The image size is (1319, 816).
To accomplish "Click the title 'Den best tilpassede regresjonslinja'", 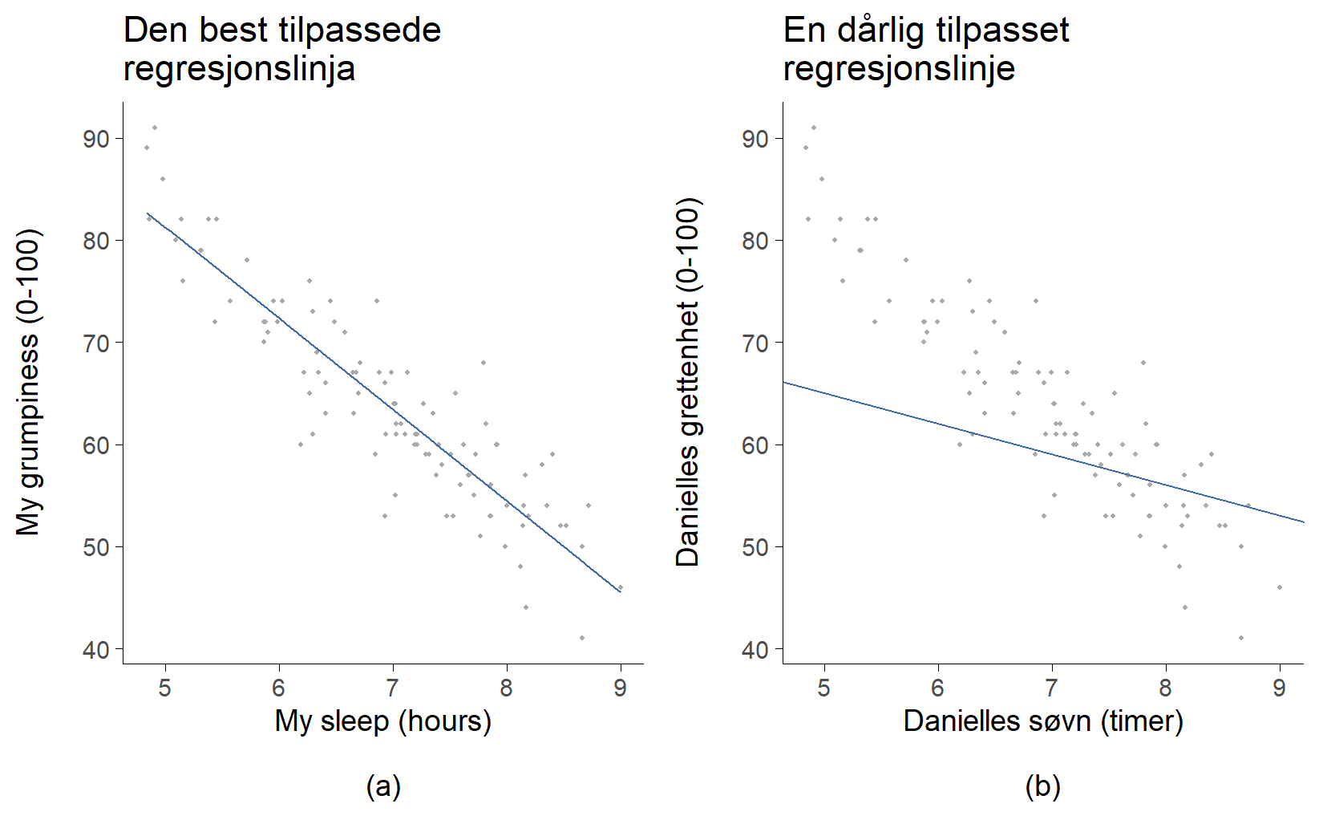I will [x=281, y=50].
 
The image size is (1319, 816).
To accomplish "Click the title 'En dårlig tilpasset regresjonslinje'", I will [x=926, y=50].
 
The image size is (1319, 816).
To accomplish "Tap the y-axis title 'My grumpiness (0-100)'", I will [x=28, y=383].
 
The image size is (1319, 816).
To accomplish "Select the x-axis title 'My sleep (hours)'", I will [x=382, y=721].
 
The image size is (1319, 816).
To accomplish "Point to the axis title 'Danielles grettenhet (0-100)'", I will [x=688, y=383].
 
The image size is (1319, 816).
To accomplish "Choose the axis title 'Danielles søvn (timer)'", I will [x=1042, y=721].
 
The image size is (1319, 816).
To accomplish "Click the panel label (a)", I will [x=382, y=786].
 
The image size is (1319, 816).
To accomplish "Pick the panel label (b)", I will [x=1042, y=786].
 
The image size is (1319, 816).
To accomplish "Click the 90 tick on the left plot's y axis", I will [x=96, y=139].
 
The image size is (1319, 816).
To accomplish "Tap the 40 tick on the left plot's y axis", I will [x=96, y=649].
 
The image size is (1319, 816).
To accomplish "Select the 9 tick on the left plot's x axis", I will [x=620, y=688].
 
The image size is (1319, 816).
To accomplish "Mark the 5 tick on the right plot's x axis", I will [x=823, y=688].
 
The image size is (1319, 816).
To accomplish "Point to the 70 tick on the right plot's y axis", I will [x=755, y=343].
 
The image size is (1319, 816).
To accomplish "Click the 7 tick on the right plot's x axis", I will [x=1051, y=688].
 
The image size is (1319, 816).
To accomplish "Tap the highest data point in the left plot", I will [x=155, y=128].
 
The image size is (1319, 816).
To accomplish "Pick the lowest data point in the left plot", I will [x=581, y=638].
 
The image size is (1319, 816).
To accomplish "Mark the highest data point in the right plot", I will [x=814, y=128].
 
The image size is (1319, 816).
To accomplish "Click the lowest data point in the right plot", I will [x=1240, y=638].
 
